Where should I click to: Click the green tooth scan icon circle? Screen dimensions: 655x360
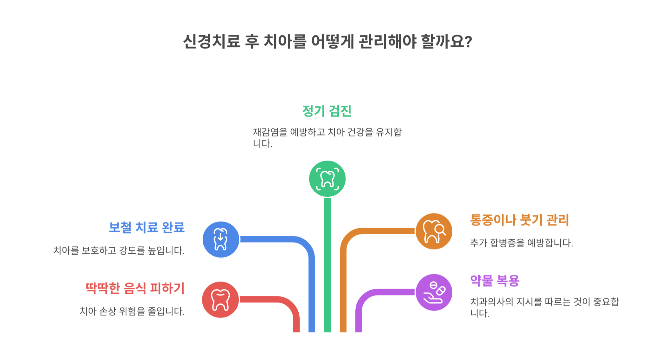[x=327, y=179]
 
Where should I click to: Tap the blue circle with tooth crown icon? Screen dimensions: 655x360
[x=221, y=239]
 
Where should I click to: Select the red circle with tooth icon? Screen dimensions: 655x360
[x=220, y=300]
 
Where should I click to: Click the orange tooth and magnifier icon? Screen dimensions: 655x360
[x=434, y=231]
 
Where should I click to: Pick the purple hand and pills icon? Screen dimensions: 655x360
[x=434, y=292]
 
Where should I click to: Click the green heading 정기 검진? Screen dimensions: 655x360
[x=327, y=111]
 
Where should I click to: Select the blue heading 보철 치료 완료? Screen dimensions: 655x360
[x=147, y=227]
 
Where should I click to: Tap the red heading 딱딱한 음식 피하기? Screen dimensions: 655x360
[x=135, y=288]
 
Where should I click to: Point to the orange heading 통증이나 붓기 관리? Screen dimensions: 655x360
[x=519, y=220]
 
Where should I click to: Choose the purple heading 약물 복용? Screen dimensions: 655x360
[x=494, y=281]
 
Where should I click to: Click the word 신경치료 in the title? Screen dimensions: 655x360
[x=212, y=41]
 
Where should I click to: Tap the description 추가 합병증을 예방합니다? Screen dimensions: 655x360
[x=521, y=243]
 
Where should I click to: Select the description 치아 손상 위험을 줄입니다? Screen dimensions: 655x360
[x=132, y=311]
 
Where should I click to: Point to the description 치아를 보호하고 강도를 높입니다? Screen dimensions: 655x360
[x=119, y=250]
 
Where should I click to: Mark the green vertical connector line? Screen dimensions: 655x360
[x=327, y=266]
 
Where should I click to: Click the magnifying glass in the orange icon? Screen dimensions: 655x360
[x=440, y=229]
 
